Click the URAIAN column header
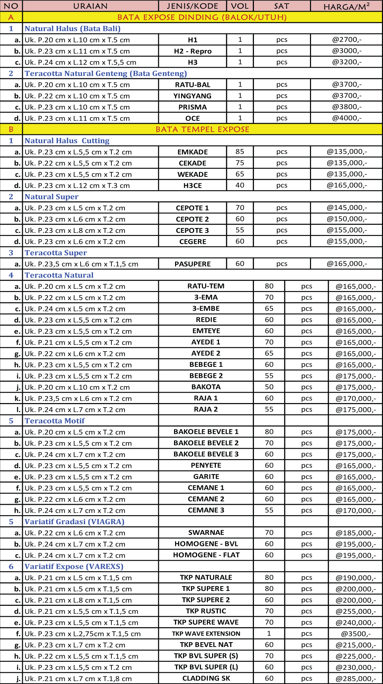point(90,6)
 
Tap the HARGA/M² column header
point(346,6)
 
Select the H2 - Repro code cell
point(193,51)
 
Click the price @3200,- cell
point(347,62)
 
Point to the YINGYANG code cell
point(192,96)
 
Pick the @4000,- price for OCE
point(347,118)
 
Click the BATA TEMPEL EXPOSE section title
point(202,129)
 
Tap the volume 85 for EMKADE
point(240,152)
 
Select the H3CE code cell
point(192,185)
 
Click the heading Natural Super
point(52,197)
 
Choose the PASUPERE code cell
point(192,264)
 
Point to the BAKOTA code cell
point(206,387)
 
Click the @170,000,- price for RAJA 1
point(356,398)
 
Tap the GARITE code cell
point(206,476)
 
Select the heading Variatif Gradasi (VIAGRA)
point(74,521)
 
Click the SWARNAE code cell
point(206,532)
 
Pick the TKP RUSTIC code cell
point(206,611)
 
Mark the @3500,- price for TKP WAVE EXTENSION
point(356,634)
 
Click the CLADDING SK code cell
point(206,678)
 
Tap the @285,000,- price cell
point(356,678)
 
